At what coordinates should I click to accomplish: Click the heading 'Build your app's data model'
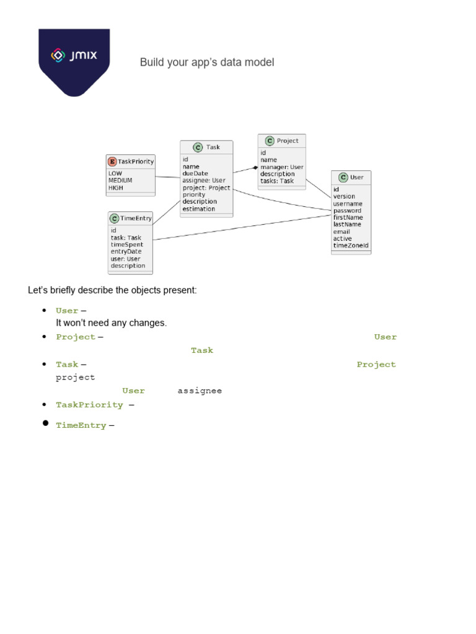pyautogui.click(x=206, y=62)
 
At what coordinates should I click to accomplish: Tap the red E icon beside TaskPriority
pyautogui.click(x=112, y=162)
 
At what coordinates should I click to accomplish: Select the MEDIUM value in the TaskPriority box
pyautogui.click(x=120, y=181)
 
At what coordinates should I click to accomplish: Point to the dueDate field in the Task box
pyautogui.click(x=195, y=173)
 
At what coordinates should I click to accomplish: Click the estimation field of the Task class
pyautogui.click(x=198, y=209)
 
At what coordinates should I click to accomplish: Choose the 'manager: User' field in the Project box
pyautogui.click(x=281, y=167)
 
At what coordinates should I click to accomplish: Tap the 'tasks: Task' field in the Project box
pyautogui.click(x=276, y=181)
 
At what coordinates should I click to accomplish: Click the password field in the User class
pyautogui.click(x=347, y=211)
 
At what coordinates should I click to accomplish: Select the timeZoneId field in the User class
pyautogui.click(x=350, y=245)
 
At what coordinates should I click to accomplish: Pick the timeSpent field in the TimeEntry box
pyautogui.click(x=126, y=245)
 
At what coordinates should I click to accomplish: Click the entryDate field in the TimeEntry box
pyautogui.click(x=126, y=251)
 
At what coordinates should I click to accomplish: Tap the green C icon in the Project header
pyautogui.click(x=270, y=141)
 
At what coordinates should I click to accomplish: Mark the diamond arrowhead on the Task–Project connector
pyautogui.click(x=255, y=168)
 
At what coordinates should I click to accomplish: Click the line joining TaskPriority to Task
pyautogui.click(x=167, y=177)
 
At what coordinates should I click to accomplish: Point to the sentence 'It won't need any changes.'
pyautogui.click(x=112, y=323)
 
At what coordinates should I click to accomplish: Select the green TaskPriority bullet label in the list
pyautogui.click(x=89, y=405)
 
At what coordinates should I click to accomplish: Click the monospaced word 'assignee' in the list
pyautogui.click(x=200, y=391)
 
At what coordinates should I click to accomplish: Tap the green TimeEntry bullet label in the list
pyautogui.click(x=81, y=426)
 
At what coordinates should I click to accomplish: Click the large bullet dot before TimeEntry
pyautogui.click(x=45, y=423)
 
